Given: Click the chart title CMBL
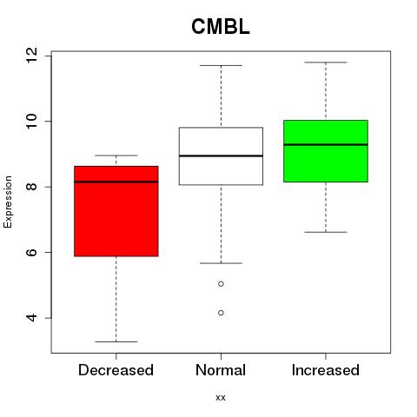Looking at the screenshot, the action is coord(221,27).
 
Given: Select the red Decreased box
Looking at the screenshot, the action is coord(116,211).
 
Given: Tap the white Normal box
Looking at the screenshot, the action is coord(221,156).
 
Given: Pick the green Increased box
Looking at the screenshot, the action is coord(326,151).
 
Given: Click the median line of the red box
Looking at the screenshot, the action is coord(116,182).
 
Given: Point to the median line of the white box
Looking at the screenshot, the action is coord(221,156).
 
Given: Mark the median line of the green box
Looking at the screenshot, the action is coord(326,144).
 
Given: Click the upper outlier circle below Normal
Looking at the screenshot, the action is coord(221,284).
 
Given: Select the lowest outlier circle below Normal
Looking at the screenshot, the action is coord(221,313).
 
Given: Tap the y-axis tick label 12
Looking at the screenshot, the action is coord(31,56).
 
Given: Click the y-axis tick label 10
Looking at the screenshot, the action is coord(31,121).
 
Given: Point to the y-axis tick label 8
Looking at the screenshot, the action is coord(31,187).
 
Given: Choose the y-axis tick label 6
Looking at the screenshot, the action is coord(31,252).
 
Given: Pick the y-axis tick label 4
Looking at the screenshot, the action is coord(31,318).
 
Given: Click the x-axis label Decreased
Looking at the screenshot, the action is coord(116,370).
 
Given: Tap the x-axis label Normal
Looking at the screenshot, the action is coord(221,370).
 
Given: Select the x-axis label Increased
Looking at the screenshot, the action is coord(326,370).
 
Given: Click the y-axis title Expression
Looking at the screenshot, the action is coord(8,202).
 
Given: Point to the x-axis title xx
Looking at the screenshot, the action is coord(221,398).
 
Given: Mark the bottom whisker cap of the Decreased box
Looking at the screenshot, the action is coord(116,341).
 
